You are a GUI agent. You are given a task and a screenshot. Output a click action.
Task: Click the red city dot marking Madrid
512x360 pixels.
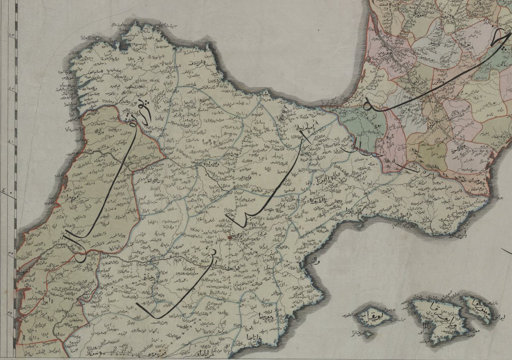(230, 237)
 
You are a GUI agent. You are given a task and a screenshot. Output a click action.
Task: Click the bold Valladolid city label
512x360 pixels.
(209, 164)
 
